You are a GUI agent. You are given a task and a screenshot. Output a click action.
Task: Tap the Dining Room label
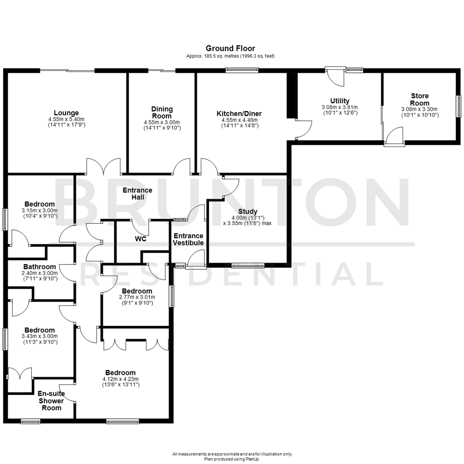[162, 113]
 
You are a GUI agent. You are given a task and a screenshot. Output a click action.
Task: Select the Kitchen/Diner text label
[239, 114]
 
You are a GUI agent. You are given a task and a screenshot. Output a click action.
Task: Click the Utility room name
[339, 101]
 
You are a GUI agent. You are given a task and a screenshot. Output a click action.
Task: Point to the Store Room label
[419, 99]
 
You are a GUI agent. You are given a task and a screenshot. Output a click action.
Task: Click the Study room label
[248, 211]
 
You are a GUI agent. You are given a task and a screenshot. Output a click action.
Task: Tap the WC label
[140, 239]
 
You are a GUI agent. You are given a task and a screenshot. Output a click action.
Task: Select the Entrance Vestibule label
[188, 239]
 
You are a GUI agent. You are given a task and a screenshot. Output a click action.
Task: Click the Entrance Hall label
[137, 193]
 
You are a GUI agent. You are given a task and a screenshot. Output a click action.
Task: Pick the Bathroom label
[40, 267]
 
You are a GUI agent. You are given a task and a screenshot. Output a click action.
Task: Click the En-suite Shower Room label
[51, 400]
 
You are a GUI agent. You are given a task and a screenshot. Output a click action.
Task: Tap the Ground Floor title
[230, 49]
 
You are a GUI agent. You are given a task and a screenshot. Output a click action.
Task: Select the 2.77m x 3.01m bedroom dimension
[137, 297]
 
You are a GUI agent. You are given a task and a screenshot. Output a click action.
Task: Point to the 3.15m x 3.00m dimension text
[40, 211]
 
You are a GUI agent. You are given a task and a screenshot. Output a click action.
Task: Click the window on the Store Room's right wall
[458, 106]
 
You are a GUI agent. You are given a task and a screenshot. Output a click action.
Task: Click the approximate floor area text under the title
[230, 56]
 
